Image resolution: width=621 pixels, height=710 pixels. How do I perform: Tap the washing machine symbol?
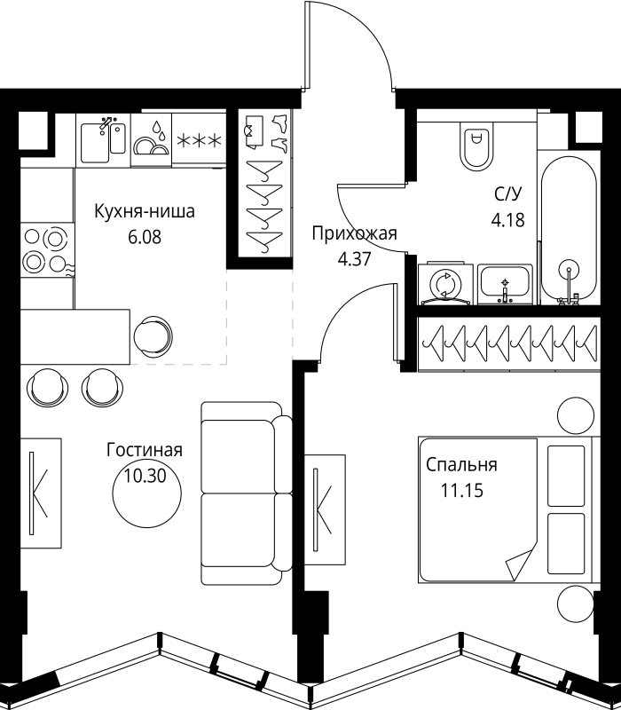445,284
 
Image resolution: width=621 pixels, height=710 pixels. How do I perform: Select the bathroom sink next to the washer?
505,284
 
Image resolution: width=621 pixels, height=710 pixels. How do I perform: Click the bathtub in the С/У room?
569,229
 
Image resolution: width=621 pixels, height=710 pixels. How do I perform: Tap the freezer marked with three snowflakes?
199,140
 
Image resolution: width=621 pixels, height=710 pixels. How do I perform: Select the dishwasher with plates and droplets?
151,139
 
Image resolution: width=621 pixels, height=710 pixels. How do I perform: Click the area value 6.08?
145,237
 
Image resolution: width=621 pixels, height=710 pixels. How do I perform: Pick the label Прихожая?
354,233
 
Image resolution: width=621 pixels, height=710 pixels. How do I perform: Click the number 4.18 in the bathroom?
507,220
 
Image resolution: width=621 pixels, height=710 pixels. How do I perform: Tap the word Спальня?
461,465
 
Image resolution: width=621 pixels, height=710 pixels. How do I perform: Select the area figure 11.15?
462,491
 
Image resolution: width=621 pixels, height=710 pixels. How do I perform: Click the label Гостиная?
145,450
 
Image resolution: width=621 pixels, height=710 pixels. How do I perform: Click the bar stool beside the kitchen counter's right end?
153,336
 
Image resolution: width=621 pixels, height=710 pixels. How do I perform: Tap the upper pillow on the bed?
566,476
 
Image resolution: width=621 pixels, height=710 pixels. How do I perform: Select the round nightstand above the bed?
575,415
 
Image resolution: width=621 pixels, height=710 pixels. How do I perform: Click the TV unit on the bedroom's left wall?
325,509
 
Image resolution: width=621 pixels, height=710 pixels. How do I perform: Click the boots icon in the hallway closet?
279,131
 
